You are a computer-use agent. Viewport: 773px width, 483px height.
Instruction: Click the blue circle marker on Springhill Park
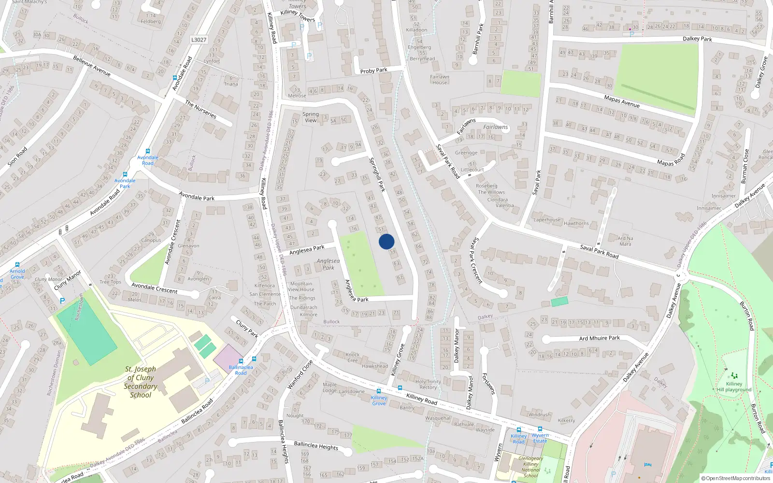pos(386,241)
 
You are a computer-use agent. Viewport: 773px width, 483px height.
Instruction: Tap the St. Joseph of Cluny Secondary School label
pos(140,382)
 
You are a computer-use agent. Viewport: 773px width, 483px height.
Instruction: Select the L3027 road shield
pos(199,40)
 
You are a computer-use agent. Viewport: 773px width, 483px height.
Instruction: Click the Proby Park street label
pos(373,71)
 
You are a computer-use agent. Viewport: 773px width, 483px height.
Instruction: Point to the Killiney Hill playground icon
pos(734,375)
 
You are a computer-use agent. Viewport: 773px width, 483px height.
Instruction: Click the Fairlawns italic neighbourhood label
pos(496,127)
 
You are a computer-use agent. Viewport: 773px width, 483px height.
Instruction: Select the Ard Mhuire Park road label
pos(599,338)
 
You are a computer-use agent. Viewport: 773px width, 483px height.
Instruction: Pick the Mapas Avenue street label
pos(622,101)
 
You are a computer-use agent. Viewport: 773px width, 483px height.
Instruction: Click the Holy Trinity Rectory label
pos(428,384)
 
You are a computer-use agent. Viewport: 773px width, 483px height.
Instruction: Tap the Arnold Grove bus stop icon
pos(17,265)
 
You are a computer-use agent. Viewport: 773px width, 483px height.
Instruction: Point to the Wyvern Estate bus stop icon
pos(540,429)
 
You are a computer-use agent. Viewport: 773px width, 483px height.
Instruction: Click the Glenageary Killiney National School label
pos(530,467)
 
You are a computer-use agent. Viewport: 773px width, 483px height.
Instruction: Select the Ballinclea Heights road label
pos(316,445)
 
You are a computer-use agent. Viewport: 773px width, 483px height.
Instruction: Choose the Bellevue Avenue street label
pos(92,66)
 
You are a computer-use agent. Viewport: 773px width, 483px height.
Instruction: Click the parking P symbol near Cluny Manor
pos(62,300)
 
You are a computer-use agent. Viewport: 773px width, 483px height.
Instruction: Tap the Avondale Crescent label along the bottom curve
pos(155,288)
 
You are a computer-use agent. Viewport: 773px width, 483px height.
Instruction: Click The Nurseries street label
pos(200,109)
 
